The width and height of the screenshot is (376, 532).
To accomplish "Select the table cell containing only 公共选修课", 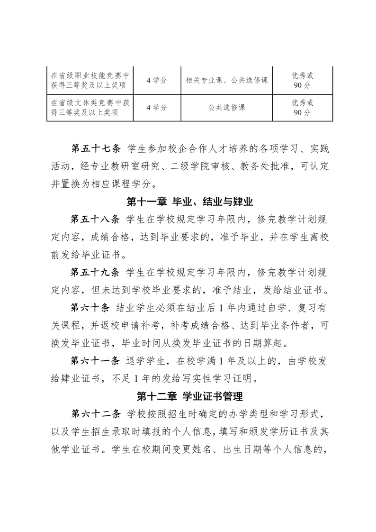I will pyautogui.click(x=227, y=107).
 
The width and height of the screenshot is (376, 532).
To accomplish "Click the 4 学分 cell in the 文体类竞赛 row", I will pyautogui.click(x=157, y=107).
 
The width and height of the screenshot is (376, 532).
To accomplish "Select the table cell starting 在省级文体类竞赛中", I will pyautogui.click(x=90, y=107).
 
